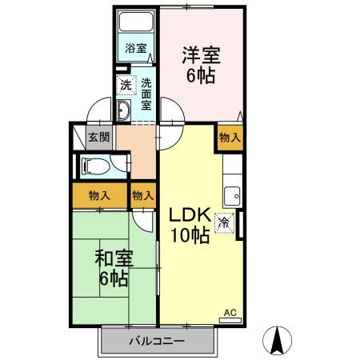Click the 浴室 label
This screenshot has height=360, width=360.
pyautogui.click(x=136, y=48)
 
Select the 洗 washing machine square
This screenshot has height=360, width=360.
pyautogui.click(x=126, y=84)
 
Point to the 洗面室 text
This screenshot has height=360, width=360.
pyautogui.click(x=146, y=93)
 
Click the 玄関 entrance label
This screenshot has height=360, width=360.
pyautogui.click(x=99, y=137)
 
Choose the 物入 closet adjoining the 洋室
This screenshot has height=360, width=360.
pyautogui.click(x=230, y=138)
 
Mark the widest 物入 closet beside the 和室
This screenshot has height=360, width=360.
pyautogui.click(x=99, y=195)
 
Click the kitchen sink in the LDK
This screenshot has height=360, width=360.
pyautogui.click(x=233, y=194)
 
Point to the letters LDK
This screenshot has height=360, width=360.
pyautogui.click(x=189, y=214)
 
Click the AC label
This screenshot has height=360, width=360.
pyautogui.click(x=229, y=312)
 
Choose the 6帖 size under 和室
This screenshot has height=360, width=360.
pyautogui.click(x=114, y=279)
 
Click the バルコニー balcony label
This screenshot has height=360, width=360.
pyautogui.click(x=157, y=342)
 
